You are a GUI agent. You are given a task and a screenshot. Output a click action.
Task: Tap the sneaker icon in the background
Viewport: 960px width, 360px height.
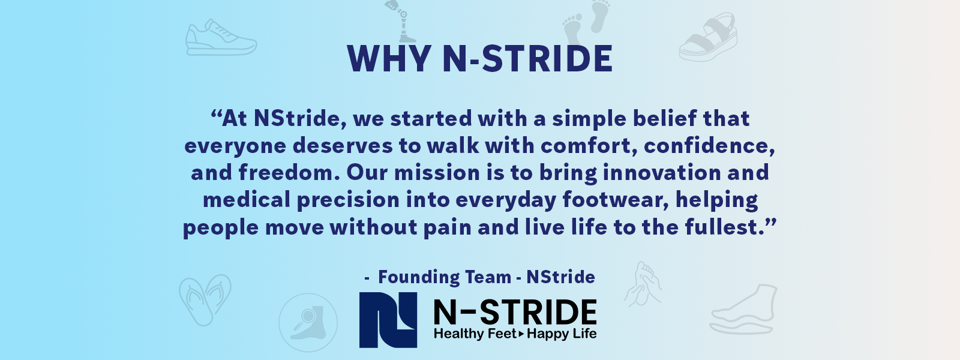tap(221, 38)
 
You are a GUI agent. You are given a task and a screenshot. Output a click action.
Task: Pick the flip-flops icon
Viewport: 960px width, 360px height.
tap(205, 299)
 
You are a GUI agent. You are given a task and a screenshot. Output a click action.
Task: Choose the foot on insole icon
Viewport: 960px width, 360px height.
tap(744, 310)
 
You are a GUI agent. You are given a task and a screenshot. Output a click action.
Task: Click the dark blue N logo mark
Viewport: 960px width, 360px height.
tap(388, 320)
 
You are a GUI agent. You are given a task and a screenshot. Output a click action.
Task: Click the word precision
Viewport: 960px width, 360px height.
tap(349, 200)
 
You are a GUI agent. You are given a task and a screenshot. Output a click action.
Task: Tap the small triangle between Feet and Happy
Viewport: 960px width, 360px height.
tap(521, 334)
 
